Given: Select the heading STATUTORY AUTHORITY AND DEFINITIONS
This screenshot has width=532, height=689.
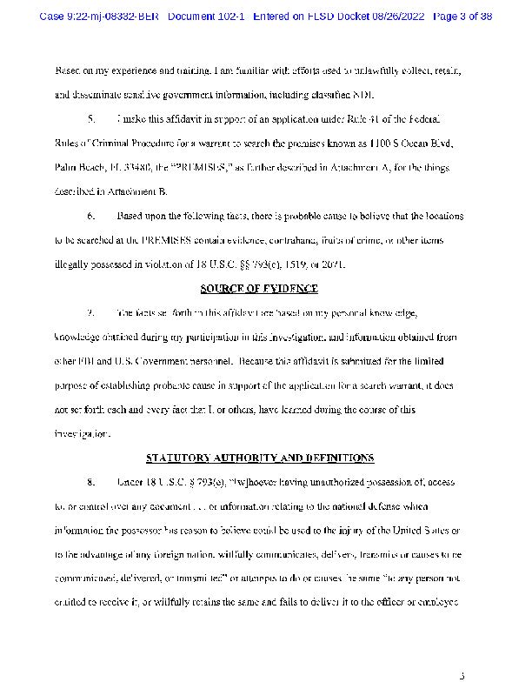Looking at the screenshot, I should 260,458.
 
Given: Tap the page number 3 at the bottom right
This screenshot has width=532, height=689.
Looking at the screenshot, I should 462,675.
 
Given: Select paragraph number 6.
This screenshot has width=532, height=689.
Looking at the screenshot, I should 91,216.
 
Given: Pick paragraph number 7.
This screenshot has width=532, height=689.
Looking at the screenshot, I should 91,312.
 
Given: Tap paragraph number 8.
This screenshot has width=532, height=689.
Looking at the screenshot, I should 91,482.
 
